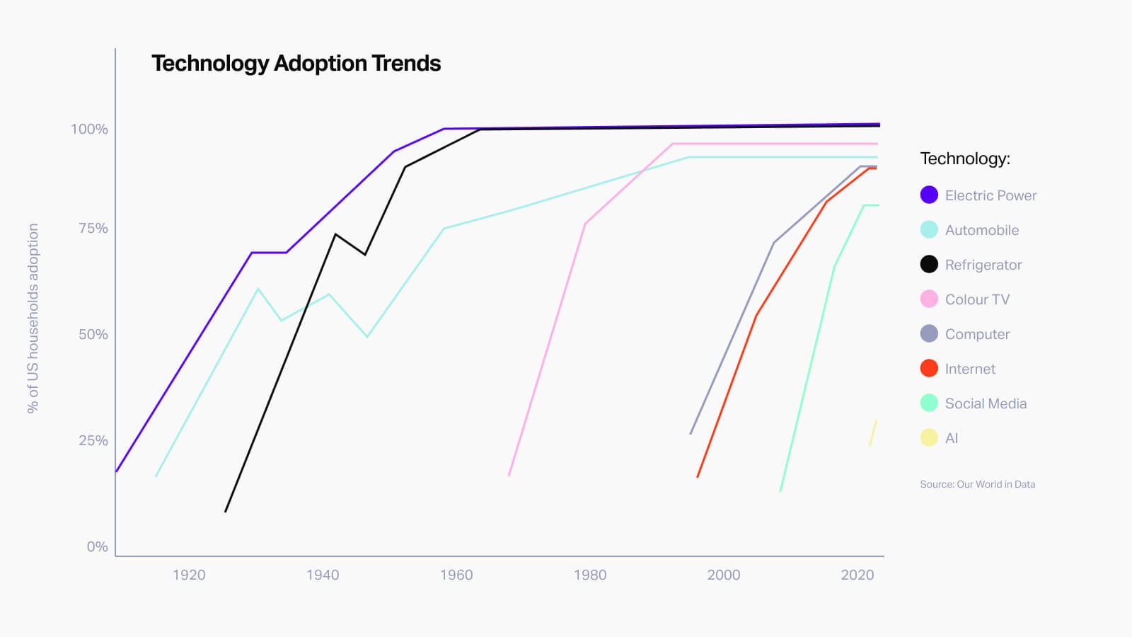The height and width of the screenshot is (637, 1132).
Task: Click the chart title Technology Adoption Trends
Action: click(296, 64)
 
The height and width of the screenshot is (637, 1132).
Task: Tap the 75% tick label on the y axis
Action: click(93, 229)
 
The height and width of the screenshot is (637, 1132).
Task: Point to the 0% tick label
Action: click(98, 546)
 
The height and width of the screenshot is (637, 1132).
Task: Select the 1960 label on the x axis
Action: click(456, 575)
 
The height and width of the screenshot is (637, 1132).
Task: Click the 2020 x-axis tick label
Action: click(857, 575)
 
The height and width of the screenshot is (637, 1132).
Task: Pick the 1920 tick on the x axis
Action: click(189, 575)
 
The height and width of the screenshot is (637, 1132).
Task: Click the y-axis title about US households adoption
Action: click(33, 318)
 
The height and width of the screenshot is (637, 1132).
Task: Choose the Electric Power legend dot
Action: click(929, 195)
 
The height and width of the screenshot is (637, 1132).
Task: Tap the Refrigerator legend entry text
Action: click(983, 265)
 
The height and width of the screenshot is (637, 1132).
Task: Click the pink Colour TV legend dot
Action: click(929, 299)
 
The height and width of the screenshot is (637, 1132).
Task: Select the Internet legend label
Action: click(970, 369)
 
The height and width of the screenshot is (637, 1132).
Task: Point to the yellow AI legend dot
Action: click(929, 438)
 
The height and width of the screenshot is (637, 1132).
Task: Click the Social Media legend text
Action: click(986, 403)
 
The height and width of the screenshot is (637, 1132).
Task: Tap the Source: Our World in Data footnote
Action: click(977, 485)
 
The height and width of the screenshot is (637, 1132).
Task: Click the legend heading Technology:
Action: click(965, 159)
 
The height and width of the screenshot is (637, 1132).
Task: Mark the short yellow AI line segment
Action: click(873, 433)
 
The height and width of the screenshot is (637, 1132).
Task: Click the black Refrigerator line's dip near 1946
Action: click(365, 254)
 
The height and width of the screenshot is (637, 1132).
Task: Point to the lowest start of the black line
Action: click(226, 511)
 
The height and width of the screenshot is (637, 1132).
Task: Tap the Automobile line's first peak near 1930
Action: click(258, 289)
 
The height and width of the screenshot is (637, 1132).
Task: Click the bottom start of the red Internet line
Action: click(698, 477)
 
